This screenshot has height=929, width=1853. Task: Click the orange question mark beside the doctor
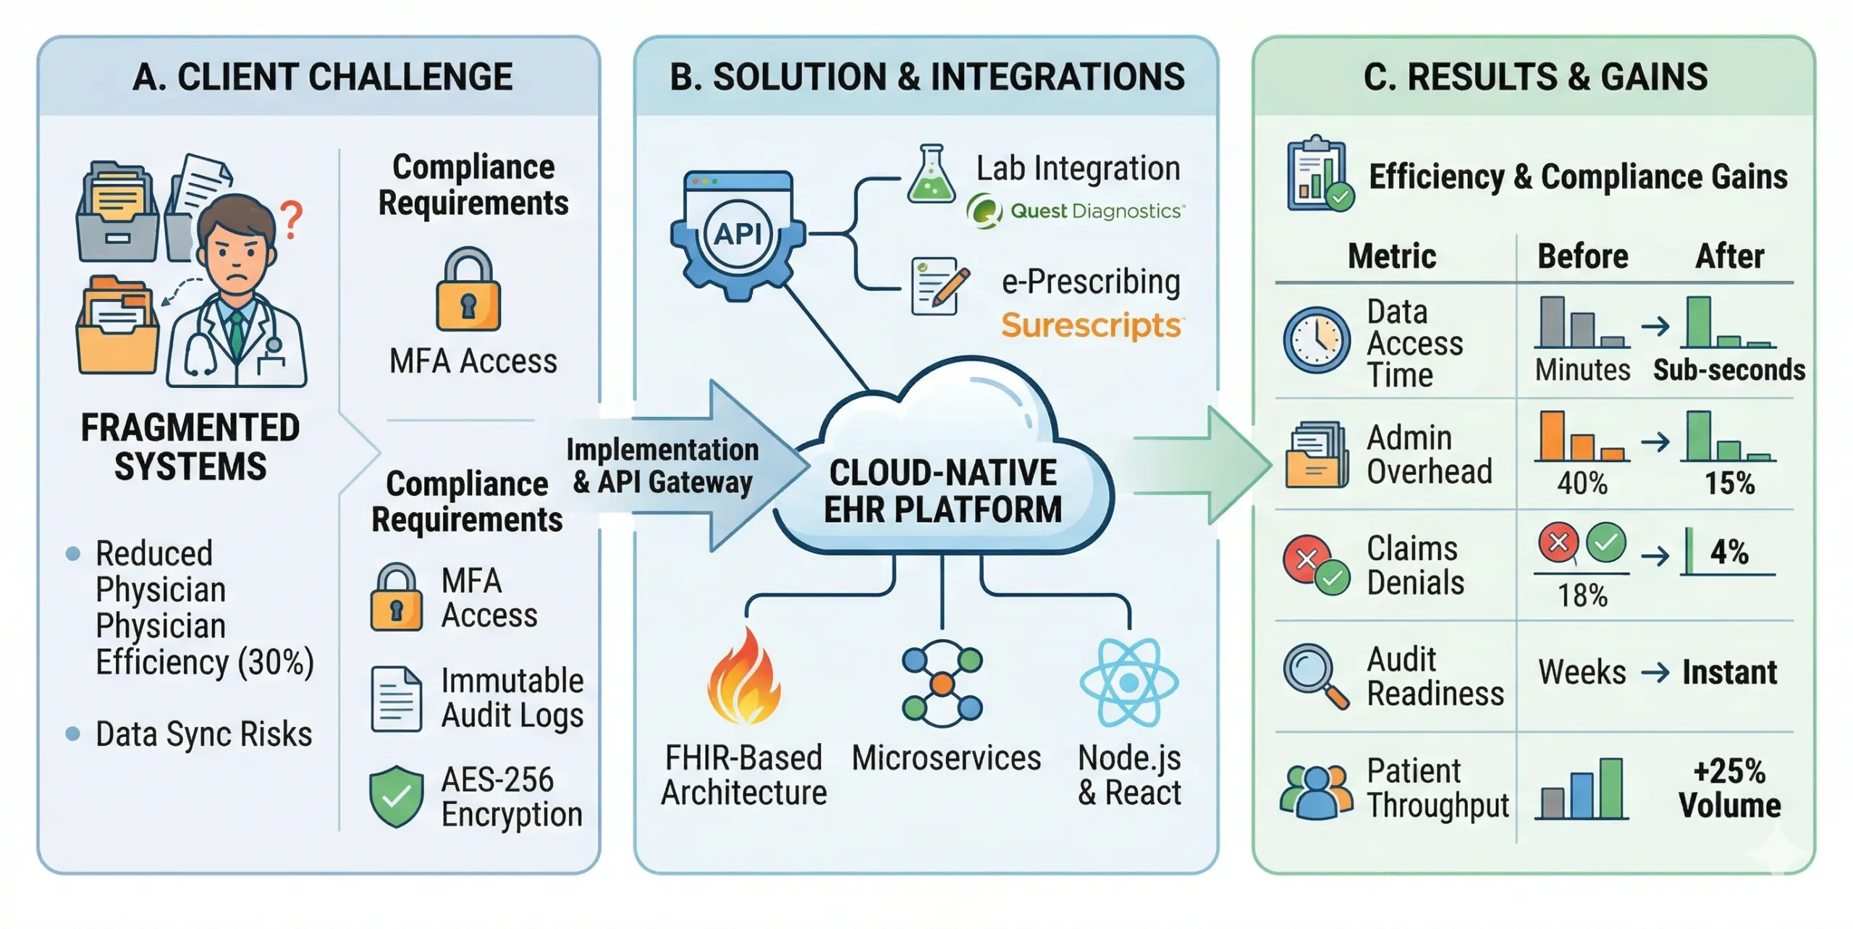291,219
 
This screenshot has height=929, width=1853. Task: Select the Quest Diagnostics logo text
1096,211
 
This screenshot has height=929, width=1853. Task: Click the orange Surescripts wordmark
1090,325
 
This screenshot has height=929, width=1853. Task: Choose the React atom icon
1128,682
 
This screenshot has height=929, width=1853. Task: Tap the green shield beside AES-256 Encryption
396,796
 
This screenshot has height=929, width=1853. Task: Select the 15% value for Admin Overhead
1729,483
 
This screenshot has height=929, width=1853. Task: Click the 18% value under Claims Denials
1582,595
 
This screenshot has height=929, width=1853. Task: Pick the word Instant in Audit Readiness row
1729,672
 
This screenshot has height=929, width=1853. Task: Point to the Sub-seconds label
1729,370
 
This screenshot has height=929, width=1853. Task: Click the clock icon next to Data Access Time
1316,340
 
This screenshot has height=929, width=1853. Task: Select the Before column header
1582,256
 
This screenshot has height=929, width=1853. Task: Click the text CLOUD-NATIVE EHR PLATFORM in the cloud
942,491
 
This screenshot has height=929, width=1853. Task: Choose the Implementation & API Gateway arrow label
662,466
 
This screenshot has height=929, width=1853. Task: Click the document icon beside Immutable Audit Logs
396,698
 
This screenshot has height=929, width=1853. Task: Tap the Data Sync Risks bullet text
203,733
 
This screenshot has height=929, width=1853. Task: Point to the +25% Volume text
1729,788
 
